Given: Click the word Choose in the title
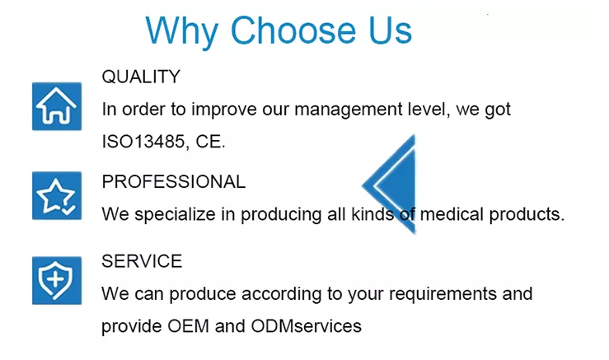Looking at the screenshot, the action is point(293,30).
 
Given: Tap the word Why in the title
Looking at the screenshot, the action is point(182,33).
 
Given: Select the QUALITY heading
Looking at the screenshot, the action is point(141,77).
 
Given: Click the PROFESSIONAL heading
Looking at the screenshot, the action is point(174,182).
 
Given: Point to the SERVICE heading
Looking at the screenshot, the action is point(142,261).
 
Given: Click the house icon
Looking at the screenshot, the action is point(57,106).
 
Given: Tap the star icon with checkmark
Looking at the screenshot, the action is point(57,195).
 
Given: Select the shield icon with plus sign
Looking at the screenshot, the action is point(57,280).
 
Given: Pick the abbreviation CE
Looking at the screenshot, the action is point(210,142).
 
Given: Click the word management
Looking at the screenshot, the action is point(348,110).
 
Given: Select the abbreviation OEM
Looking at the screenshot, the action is point(189,326).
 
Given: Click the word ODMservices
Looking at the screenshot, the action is point(306,326).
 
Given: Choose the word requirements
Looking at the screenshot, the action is point(443,294).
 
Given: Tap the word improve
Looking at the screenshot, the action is point(224,110).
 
